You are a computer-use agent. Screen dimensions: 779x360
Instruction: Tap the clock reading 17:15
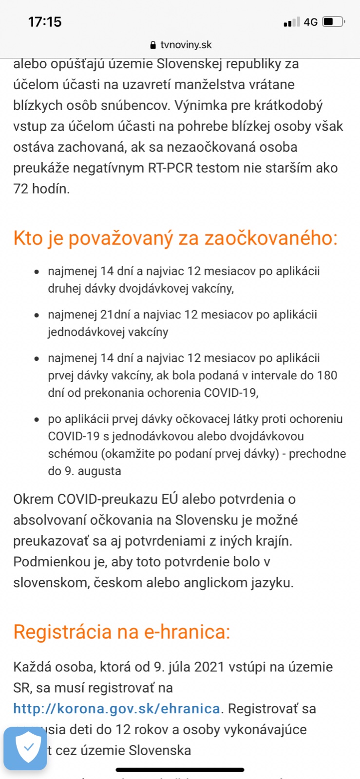(45, 22)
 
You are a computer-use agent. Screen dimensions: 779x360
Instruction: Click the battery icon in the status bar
(334, 22)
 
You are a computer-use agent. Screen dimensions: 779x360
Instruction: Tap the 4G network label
(310, 22)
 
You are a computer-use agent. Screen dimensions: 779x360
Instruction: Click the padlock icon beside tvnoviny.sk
(153, 45)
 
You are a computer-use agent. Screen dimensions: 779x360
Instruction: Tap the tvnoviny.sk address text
(186, 45)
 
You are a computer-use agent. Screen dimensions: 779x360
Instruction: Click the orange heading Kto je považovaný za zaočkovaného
(175, 238)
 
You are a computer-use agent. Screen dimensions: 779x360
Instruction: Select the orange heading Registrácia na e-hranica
(122, 631)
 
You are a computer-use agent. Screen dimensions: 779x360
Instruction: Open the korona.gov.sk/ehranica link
(117, 708)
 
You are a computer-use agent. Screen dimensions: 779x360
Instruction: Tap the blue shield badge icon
(25, 748)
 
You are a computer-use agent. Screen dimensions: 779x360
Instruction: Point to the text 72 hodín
(41, 189)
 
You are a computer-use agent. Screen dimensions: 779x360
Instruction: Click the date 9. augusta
(93, 471)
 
